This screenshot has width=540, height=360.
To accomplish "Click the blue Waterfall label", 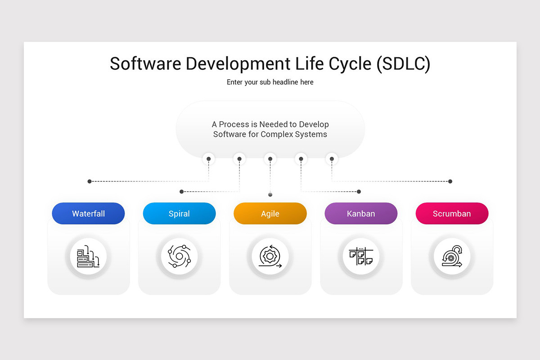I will (88, 214).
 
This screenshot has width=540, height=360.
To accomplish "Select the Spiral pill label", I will (179, 214).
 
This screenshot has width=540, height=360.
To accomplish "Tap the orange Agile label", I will (270, 214).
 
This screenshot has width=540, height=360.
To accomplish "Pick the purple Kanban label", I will (361, 214).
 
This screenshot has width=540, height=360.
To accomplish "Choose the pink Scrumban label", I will (452, 214).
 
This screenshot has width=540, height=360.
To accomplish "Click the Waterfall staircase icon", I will (88, 257).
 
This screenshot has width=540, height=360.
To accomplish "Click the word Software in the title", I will (145, 64).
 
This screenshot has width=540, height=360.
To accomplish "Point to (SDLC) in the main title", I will (403, 64).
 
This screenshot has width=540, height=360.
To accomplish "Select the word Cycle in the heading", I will (346, 64).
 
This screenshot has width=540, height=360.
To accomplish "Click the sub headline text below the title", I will (270, 82).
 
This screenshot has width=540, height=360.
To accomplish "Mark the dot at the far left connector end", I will (90, 181).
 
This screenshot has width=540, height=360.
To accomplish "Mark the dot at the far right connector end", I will (450, 181).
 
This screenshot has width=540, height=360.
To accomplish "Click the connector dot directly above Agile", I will (270, 194).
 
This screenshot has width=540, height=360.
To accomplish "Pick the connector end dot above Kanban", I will (359, 192).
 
